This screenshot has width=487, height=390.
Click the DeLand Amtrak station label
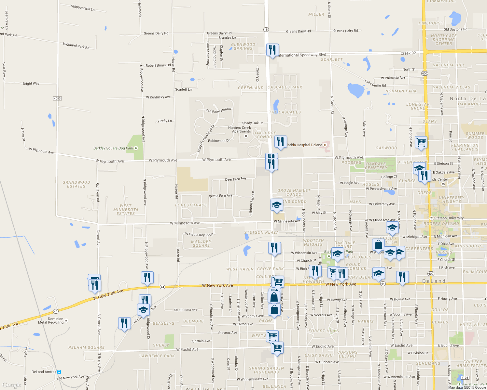[44, 372]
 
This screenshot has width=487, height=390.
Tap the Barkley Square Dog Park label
[113, 148]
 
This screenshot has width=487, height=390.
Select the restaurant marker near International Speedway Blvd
[272, 50]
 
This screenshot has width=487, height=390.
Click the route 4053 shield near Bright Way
[57, 98]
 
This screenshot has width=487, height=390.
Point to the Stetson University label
[449, 218]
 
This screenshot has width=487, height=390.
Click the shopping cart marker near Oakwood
[421, 142]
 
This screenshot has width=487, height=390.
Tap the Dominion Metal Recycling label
[51, 321]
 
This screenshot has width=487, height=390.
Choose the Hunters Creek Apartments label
[240, 130]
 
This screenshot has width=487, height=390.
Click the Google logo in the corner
[12, 385]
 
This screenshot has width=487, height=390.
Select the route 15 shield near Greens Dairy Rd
[266, 30]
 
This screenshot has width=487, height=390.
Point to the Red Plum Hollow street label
[218, 110]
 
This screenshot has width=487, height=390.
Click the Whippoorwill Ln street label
[82, 7]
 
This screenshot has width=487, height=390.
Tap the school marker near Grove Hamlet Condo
[277, 205]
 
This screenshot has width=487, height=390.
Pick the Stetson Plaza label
[261, 233]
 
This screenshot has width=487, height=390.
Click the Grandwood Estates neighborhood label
[76, 184]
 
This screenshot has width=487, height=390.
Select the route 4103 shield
[465, 378]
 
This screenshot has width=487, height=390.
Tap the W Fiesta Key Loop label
[199, 234]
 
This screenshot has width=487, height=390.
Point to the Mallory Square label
[201, 243]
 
